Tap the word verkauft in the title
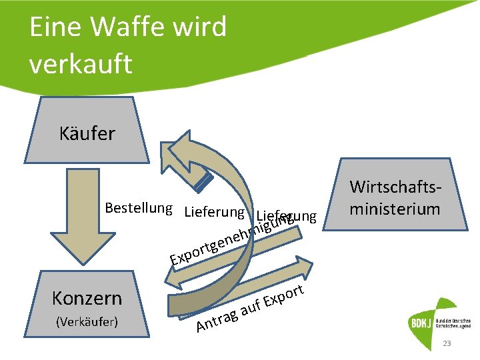pyautogui.click(x=81, y=64)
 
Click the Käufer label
pyautogui.click(x=87, y=133)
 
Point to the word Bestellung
pyautogui.click(x=139, y=207)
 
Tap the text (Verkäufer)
pyautogui.click(x=87, y=322)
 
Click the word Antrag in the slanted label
pyautogui.click(x=217, y=321)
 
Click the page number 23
pyautogui.click(x=447, y=344)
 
